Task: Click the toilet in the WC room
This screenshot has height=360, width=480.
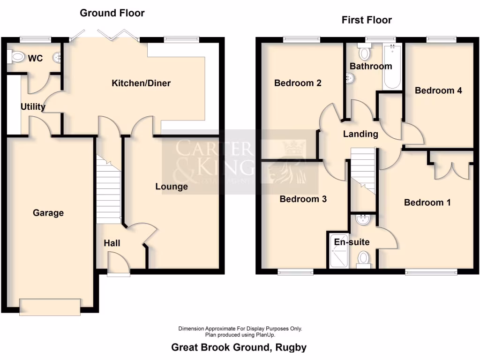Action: [16, 57]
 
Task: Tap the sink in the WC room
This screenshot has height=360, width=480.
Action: [58, 58]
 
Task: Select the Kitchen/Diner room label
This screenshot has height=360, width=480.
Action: [141, 83]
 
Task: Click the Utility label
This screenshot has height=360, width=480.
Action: [33, 107]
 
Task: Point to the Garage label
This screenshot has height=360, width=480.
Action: [48, 213]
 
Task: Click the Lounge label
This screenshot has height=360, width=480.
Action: [172, 187]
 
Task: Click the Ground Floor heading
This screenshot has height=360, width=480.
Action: [112, 13]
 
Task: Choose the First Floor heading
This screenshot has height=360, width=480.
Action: [367, 20]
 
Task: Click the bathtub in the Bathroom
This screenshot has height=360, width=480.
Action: [391, 67]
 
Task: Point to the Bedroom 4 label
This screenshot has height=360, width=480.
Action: [438, 90]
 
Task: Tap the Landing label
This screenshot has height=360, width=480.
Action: [360, 134]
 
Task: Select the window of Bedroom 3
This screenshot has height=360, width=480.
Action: [295, 272]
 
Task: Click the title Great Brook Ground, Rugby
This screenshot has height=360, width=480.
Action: [239, 347]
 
